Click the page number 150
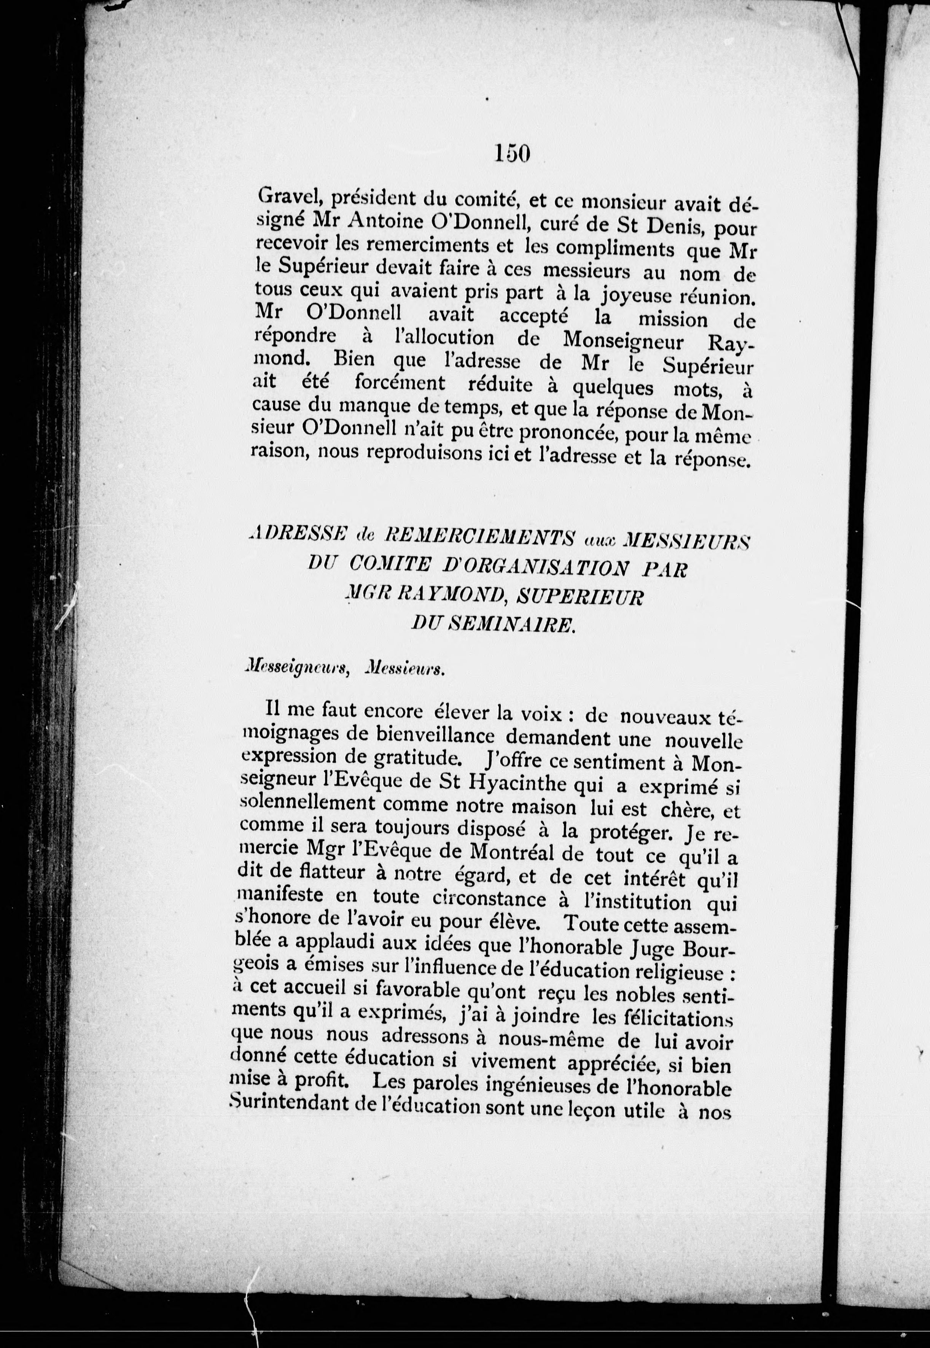click(512, 153)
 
